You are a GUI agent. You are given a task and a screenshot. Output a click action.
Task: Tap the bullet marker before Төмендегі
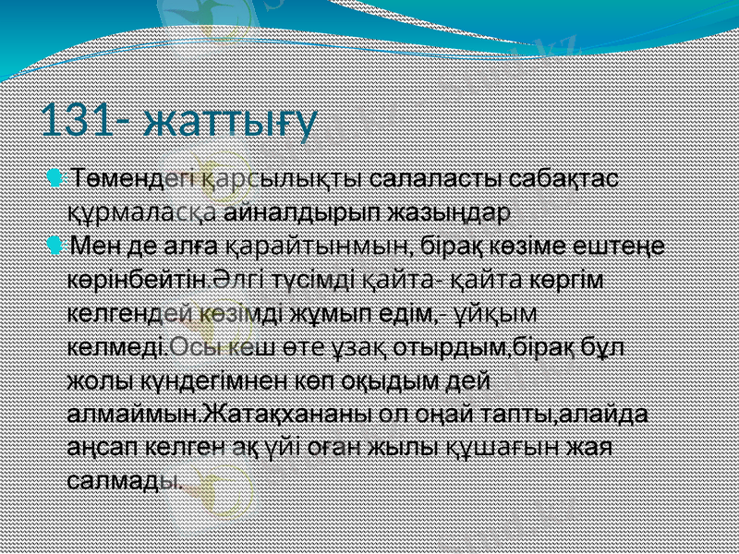click(58, 175)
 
